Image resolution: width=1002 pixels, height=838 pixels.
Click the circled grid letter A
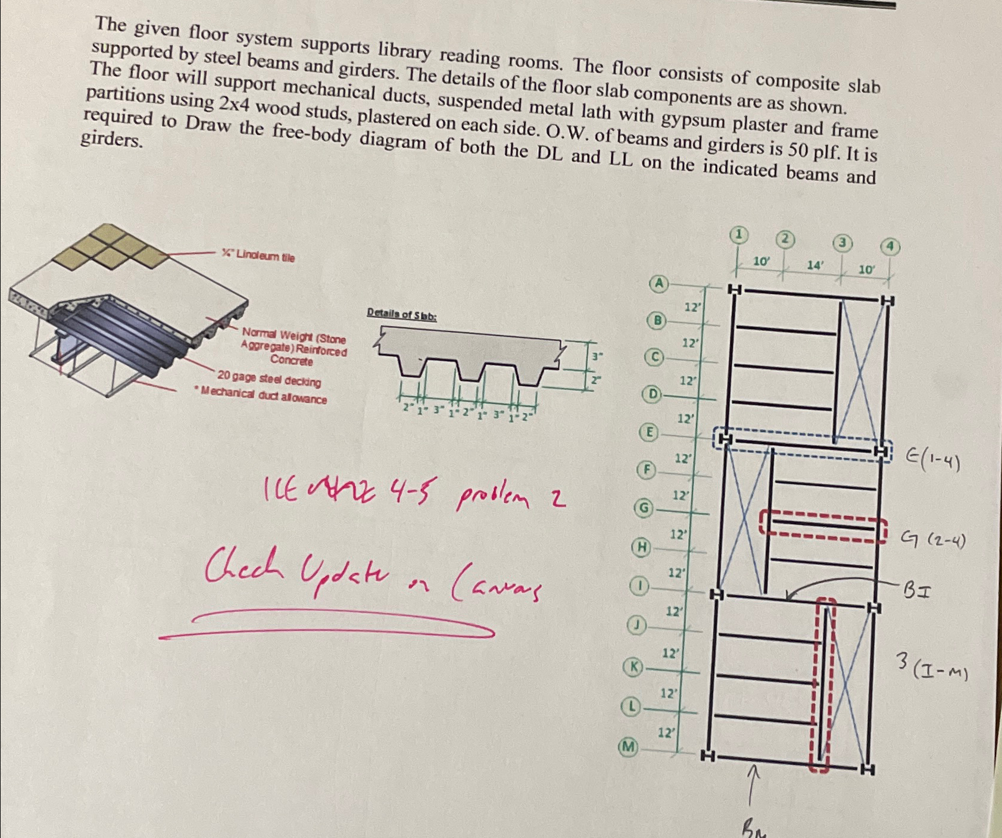(x=658, y=283)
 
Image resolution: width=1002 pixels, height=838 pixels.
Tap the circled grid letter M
(x=628, y=746)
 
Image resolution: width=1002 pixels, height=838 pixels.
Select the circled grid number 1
(x=738, y=234)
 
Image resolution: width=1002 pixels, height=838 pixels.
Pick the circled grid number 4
(x=890, y=246)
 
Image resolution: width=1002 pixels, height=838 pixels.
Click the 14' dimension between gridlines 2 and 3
(x=814, y=265)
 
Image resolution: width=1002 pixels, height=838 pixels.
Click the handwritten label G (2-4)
(x=934, y=540)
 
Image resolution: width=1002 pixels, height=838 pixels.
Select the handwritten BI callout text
(x=917, y=590)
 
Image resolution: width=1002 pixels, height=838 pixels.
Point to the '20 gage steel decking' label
(x=269, y=379)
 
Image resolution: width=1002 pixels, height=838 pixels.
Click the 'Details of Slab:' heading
(x=402, y=314)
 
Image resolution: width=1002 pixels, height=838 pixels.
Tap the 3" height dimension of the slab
(x=597, y=357)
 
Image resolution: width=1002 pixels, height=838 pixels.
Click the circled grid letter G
(x=643, y=508)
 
